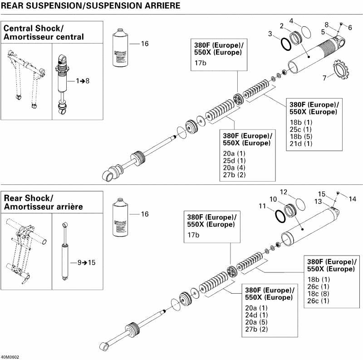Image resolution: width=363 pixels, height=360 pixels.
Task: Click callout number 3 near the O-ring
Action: point(270,34)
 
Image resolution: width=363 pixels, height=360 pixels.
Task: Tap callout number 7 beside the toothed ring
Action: point(324,78)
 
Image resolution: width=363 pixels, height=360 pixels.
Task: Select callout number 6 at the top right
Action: point(350,28)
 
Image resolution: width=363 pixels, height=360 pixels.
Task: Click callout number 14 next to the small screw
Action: point(353,198)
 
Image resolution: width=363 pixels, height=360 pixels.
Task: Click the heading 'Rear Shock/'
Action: point(29,198)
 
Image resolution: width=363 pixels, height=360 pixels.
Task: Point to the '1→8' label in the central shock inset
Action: point(83,80)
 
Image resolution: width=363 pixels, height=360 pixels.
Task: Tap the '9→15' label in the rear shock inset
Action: point(83,262)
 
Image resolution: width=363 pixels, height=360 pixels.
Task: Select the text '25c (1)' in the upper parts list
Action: point(300,129)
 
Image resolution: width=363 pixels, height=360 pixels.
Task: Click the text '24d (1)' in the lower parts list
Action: point(256,315)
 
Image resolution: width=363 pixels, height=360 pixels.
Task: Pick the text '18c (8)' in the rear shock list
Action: point(319,294)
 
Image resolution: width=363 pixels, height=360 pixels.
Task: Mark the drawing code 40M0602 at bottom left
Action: point(10,356)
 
